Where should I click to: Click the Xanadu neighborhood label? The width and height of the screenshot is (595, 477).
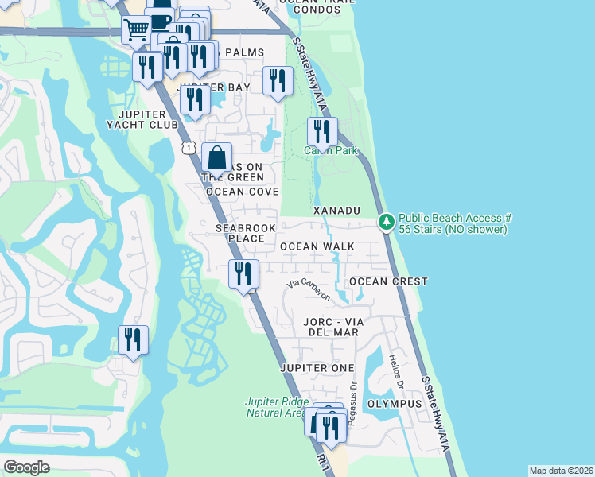[336, 210]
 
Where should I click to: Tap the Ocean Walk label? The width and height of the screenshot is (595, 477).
[317, 246]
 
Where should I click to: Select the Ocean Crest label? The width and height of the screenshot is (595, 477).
[388, 281]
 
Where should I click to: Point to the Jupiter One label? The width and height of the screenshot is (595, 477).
[317, 368]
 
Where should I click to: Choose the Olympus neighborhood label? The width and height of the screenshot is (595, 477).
[395, 403]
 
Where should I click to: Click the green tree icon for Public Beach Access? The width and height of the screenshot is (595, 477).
[387, 221]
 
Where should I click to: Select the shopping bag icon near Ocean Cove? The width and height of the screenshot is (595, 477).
[216, 157]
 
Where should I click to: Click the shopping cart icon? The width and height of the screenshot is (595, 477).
[136, 30]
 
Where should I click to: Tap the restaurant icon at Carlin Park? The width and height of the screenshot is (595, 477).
[322, 131]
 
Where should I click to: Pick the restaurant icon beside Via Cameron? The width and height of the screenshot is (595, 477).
[243, 274]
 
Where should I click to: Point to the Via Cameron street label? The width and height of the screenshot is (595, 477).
[309, 289]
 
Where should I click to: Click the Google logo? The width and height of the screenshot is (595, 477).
[26, 467]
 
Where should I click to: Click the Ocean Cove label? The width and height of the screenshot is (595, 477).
[242, 192]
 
